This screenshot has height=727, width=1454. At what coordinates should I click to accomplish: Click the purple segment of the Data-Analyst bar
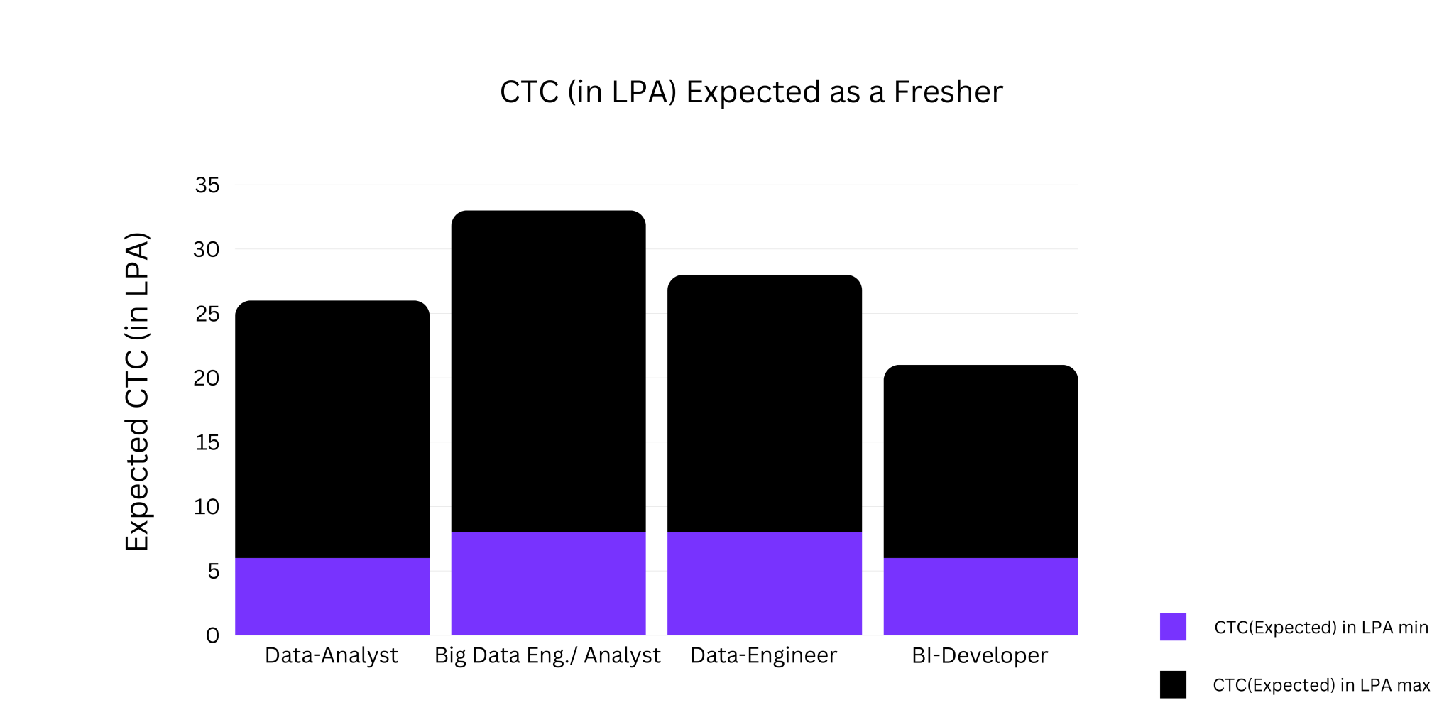332,596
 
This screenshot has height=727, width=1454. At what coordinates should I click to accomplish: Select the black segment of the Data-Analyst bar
332,430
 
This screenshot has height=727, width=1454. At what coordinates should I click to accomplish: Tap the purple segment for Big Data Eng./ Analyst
548,584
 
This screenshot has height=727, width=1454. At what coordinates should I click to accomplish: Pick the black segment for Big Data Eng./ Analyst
548,371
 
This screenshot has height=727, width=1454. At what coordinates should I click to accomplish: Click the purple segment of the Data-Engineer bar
765,584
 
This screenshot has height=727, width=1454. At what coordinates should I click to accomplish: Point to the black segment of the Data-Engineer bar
765,403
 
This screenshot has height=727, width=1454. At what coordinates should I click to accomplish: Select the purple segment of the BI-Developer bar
980,596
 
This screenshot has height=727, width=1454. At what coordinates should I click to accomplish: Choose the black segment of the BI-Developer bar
980,461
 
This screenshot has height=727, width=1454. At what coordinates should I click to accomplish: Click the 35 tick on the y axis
207,185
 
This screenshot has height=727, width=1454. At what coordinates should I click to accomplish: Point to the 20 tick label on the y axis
207,378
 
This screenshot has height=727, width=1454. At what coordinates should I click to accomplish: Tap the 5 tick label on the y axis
213,572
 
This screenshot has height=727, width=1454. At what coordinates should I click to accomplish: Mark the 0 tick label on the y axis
212,635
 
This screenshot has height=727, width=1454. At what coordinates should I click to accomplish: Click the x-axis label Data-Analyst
332,655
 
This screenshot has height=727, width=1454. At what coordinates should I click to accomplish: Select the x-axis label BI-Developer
980,655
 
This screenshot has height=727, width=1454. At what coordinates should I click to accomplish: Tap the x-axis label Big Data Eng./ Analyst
547,655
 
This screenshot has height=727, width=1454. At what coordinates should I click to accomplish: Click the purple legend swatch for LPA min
1173,627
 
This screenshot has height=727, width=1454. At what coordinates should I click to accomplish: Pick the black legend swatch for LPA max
1173,684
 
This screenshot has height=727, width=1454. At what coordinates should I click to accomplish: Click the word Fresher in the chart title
948,92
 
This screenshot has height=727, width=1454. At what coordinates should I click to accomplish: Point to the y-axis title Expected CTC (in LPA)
137,391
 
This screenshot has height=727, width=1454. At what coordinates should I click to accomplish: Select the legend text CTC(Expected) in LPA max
1321,685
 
